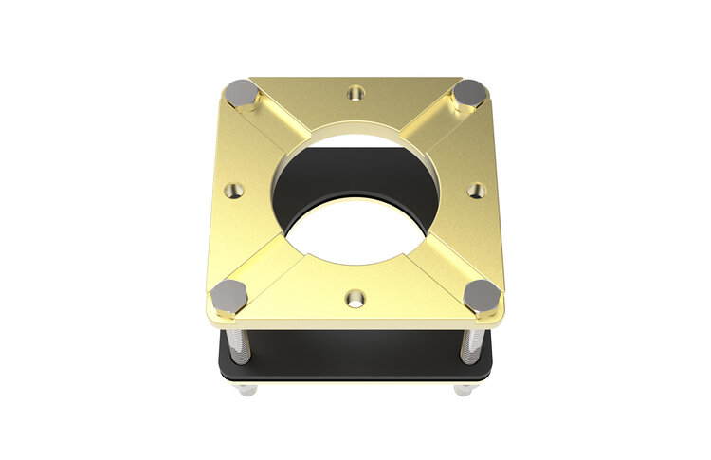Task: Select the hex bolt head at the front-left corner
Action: [x=230, y=296]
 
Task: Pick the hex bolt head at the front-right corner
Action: [x=483, y=296]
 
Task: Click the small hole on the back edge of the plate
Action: [x=356, y=93]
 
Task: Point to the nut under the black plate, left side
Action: [x=246, y=389]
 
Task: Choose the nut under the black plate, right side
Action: [x=465, y=389]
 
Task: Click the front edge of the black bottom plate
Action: [x=355, y=377]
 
